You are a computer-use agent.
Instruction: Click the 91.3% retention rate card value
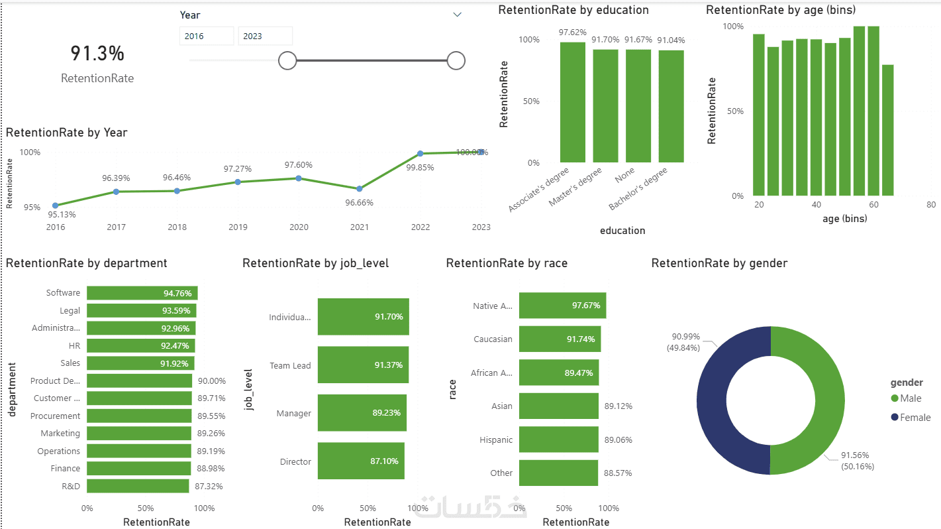[97, 54]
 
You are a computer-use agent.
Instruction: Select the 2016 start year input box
[206, 36]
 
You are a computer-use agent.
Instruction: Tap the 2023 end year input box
[265, 36]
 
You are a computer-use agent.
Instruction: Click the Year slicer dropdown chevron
[457, 15]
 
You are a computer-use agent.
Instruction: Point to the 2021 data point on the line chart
[359, 189]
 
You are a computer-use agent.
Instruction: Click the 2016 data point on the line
[55, 206]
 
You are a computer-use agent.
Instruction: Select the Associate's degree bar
[573, 102]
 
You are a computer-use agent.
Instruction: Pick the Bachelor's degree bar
[671, 106]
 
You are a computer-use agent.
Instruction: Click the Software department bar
[142, 293]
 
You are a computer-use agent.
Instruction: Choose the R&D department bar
[138, 486]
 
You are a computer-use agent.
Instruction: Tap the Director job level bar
[361, 461]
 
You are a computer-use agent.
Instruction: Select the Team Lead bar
[363, 365]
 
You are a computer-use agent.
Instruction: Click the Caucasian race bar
[560, 339]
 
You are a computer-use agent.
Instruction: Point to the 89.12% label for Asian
[618, 406]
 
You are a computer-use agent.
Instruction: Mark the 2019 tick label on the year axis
[238, 227]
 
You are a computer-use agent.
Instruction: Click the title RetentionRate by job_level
[315, 263]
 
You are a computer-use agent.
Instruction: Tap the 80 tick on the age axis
[931, 205]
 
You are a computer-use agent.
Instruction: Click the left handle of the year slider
[287, 60]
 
